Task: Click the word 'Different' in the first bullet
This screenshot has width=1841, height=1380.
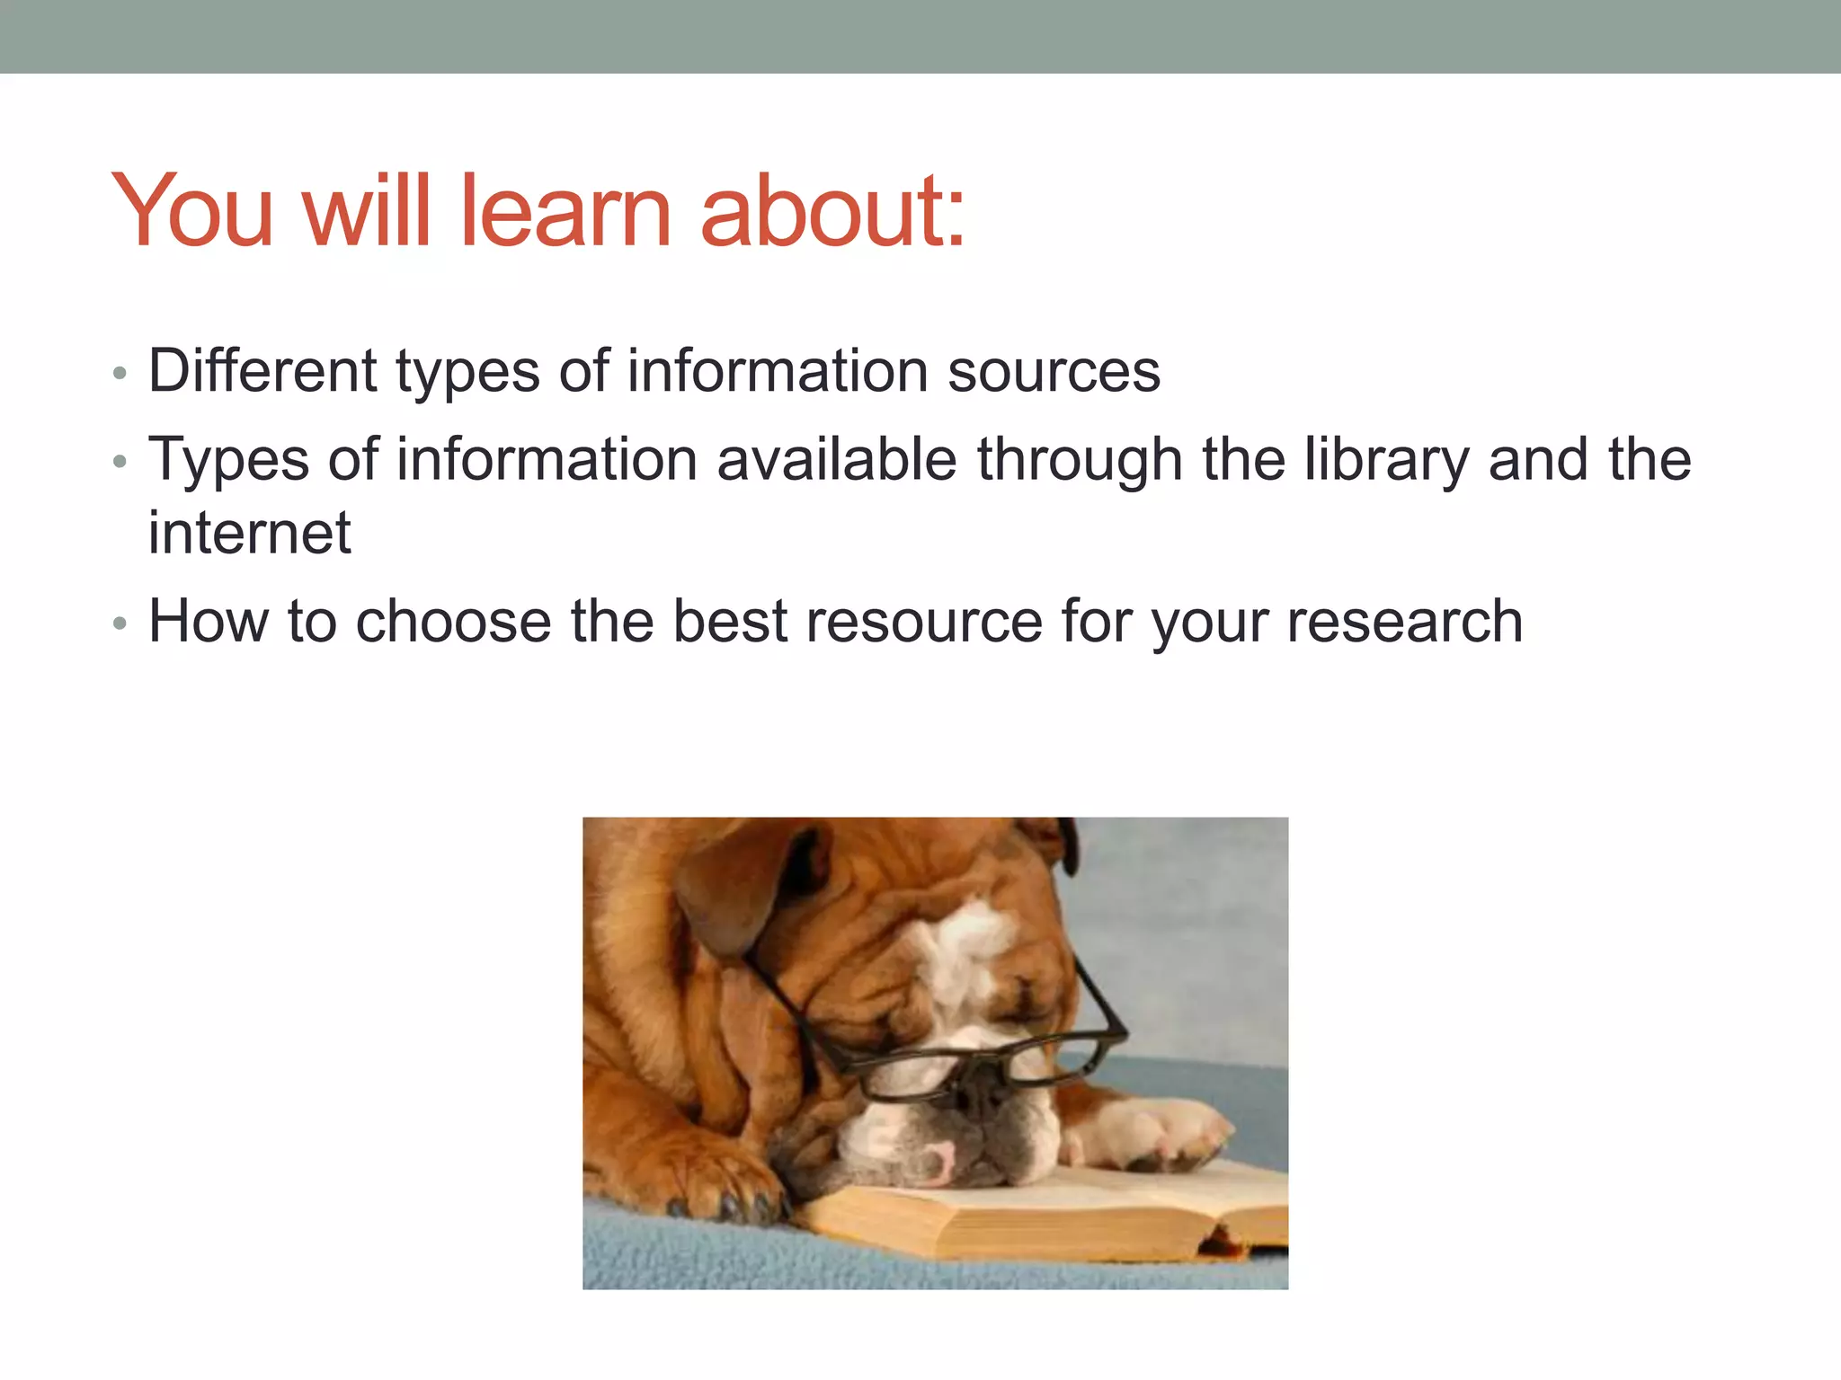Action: (x=262, y=370)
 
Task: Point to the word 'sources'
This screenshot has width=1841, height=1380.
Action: (x=1054, y=372)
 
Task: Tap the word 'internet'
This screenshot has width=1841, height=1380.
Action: (x=249, y=534)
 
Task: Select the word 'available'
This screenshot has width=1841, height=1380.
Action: (x=837, y=459)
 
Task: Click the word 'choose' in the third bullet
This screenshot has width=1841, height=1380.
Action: (x=454, y=621)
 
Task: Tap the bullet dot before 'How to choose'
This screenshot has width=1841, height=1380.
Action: (x=120, y=624)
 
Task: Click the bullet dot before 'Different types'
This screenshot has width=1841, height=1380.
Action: (x=120, y=373)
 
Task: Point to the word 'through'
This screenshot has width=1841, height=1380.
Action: (x=1080, y=460)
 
